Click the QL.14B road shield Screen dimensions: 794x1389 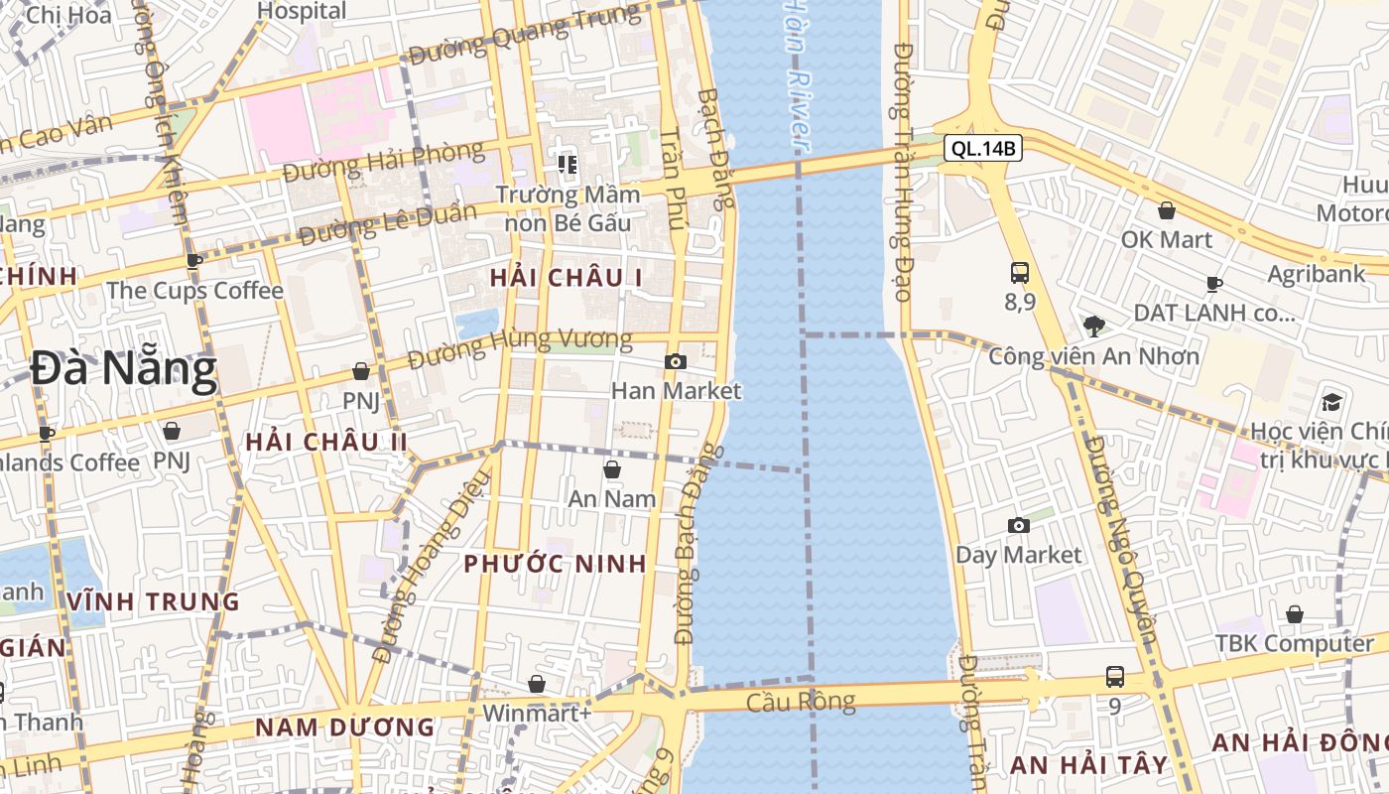982,149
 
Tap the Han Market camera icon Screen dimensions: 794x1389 676,362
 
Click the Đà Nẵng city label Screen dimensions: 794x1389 123,369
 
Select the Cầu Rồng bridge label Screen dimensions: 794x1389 801,702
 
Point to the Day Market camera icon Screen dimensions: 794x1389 1018,526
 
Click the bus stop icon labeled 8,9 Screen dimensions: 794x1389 1019,272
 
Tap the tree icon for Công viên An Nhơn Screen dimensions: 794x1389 1094,326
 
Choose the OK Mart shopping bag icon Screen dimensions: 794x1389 1167,210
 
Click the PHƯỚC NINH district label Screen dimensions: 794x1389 556,564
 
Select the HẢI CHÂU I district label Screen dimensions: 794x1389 566,278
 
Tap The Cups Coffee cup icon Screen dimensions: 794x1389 194,261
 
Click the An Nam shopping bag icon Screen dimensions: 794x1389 612,469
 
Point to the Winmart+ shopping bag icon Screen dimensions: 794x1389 537,684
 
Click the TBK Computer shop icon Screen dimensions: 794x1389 1295,614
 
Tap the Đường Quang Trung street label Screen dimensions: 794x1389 525,34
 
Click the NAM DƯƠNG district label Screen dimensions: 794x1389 345,727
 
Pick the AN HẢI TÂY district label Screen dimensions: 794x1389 1089,764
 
